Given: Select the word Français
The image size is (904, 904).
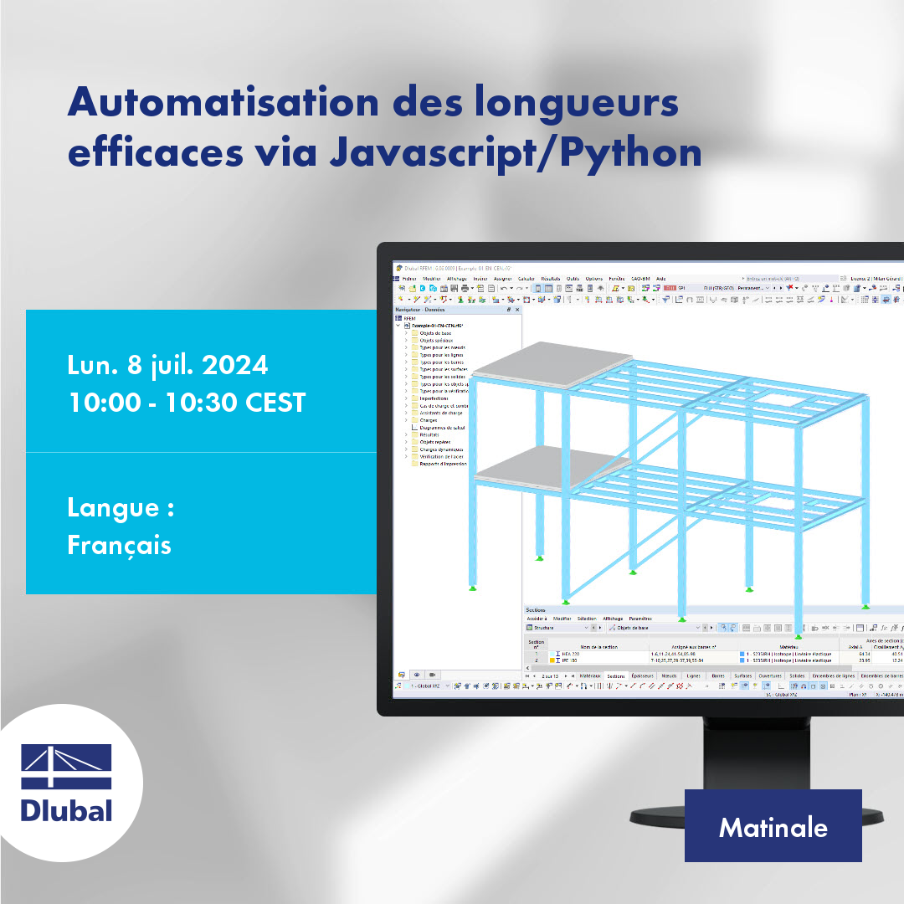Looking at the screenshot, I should click(119, 545).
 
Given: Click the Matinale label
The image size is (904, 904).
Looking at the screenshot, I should click(773, 827).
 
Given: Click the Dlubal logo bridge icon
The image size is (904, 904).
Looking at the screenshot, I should click(66, 764).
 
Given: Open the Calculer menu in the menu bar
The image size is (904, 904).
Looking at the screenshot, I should click(526, 279).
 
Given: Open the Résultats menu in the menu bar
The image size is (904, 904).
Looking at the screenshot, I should click(550, 279).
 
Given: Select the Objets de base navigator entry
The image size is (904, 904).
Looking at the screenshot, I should click(435, 333).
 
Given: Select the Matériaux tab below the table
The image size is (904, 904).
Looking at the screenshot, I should click(590, 675).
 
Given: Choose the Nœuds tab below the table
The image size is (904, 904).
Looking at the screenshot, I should click(669, 675).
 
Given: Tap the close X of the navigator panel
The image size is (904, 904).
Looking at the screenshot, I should click(518, 310).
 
